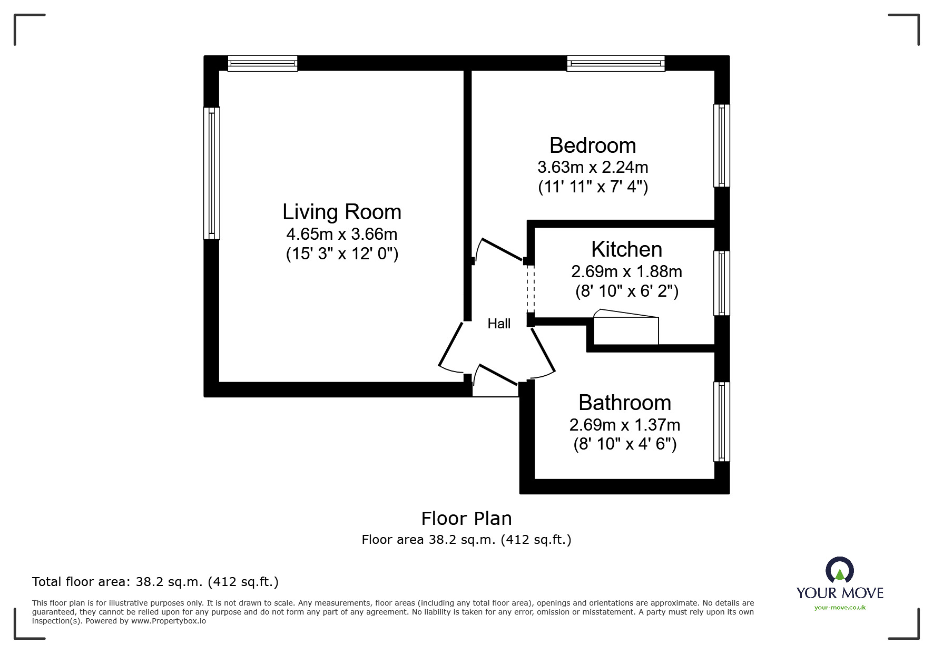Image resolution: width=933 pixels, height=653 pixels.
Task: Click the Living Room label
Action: [341, 212]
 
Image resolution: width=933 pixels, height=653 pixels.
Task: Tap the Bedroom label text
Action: [593, 145]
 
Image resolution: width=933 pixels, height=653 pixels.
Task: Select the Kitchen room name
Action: [626, 249]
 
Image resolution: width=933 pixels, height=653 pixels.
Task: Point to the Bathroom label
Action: [625, 403]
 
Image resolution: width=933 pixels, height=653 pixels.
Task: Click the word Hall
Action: [499, 324]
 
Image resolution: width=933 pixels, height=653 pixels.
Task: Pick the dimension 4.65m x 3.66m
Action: [341, 233]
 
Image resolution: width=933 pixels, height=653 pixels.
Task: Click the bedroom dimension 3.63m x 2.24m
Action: [593, 167]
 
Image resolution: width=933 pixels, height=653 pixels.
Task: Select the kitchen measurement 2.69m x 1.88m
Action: [626, 271]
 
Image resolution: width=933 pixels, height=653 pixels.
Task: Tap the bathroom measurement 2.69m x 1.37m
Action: [625, 425]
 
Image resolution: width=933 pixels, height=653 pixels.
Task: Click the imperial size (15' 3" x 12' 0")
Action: [342, 254]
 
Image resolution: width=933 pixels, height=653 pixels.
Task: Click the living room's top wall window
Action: [262, 64]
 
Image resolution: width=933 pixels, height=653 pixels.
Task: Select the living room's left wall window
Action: [212, 173]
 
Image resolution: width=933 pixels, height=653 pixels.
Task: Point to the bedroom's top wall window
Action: [615, 64]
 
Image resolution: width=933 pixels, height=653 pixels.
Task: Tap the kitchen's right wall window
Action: [722, 283]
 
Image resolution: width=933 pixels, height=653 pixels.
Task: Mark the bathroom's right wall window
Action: [722, 422]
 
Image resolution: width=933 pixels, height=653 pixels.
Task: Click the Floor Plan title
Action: [466, 519]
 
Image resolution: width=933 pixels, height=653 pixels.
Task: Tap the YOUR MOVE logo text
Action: [840, 593]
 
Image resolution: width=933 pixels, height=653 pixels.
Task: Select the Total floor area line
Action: [155, 582]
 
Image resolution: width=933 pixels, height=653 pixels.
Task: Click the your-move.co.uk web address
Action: [840, 608]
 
